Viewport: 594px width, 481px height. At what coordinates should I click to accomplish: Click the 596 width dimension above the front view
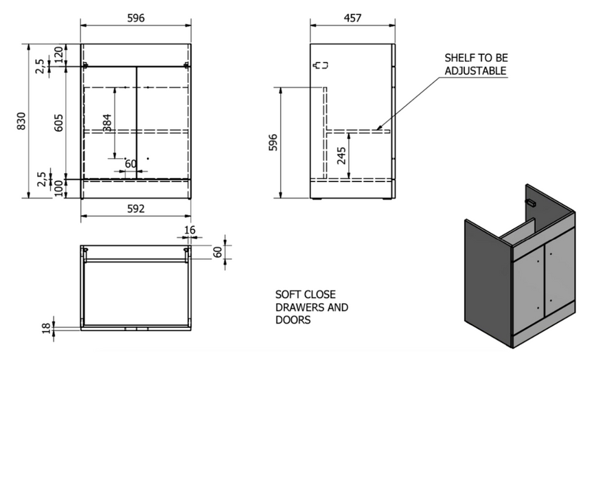click(136, 19)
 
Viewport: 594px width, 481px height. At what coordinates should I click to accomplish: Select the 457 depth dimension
click(352, 18)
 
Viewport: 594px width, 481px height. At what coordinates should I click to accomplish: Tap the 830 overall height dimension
click(21, 121)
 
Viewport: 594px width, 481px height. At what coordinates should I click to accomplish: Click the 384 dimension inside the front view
click(107, 122)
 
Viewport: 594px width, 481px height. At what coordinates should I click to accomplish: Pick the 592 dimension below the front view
click(136, 209)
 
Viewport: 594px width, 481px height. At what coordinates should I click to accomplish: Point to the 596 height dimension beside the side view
click(273, 142)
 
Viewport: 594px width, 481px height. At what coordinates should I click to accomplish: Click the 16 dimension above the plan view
click(190, 230)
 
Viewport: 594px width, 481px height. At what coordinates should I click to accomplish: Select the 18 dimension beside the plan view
click(47, 328)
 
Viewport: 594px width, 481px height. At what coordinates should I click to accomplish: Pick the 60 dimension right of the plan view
click(218, 252)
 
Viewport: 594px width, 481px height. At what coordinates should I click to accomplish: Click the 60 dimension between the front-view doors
click(130, 164)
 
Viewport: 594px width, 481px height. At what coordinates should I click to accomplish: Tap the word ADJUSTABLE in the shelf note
click(475, 71)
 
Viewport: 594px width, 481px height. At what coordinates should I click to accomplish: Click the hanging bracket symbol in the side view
click(320, 66)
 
